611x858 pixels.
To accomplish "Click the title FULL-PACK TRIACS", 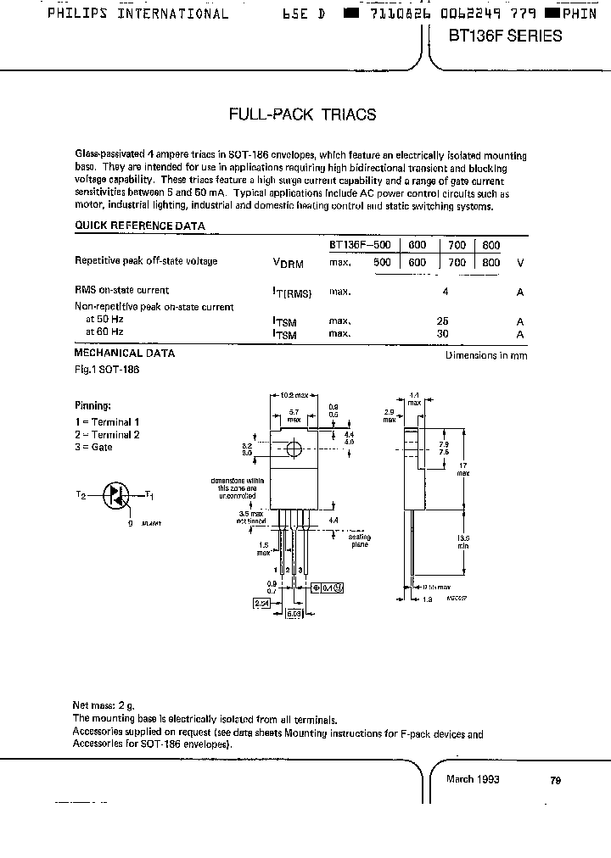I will click(303, 114).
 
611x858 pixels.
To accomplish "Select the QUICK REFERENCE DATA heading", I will click(140, 226).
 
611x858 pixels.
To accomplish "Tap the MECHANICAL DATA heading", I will click(125, 353).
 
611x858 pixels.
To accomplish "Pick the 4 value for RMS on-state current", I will click(445, 291).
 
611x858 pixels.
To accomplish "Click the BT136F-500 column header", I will click(361, 245).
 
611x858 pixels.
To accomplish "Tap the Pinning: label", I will click(92, 406).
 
